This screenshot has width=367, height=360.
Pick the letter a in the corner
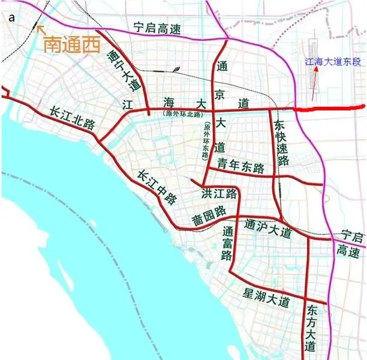[x=11, y=18]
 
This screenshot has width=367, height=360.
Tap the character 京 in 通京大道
[x=222, y=84]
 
